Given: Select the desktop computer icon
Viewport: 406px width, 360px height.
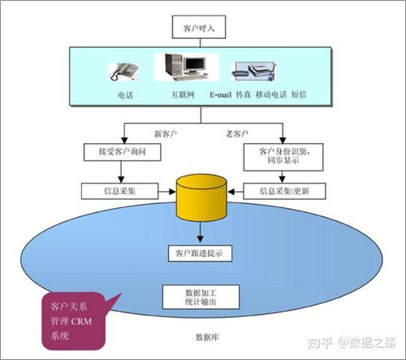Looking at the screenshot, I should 188,69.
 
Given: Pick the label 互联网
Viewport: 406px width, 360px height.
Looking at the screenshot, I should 183,95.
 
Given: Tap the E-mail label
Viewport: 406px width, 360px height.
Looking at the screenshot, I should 220,95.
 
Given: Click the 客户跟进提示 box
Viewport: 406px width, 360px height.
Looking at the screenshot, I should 199,254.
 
